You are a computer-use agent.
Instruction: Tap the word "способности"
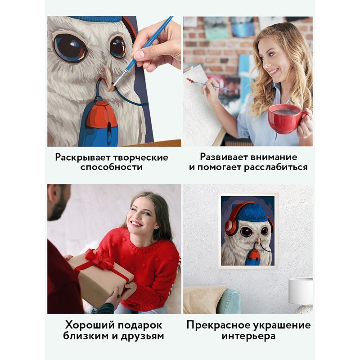112,167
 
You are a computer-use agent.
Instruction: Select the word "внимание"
274,157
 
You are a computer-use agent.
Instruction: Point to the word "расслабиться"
275,167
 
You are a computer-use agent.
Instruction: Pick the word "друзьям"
142,336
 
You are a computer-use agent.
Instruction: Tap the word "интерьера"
248,336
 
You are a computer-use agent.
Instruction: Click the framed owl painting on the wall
248,231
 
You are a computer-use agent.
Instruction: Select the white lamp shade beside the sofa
300,291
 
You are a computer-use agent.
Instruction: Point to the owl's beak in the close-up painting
108,75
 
